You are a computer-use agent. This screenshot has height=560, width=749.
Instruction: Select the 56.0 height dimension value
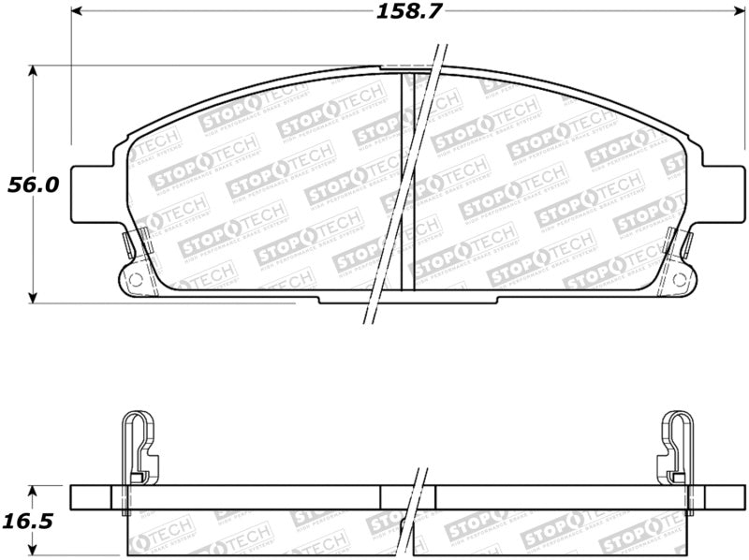click(33, 184)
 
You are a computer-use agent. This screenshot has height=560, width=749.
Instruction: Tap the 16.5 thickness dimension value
click(33, 517)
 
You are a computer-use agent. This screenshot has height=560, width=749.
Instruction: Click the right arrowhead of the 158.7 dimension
click(734, 12)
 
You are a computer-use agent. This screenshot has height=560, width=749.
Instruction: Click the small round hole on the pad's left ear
click(133, 278)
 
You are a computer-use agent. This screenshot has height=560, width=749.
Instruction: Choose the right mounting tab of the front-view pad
click(721, 195)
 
